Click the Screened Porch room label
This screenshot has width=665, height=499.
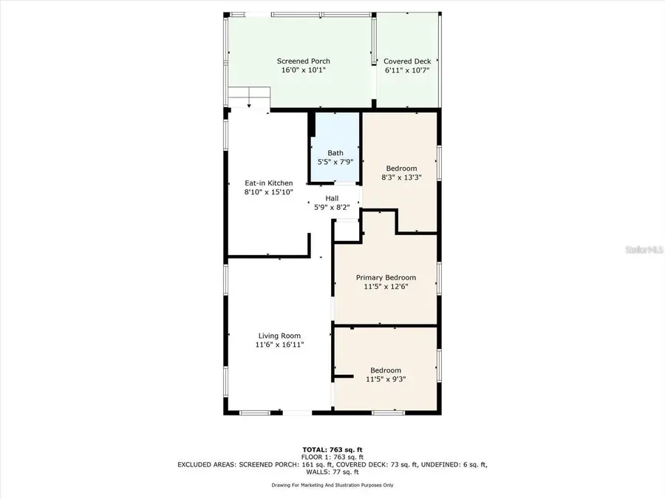tap(303, 61)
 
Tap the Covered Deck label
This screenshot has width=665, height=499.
tap(406, 61)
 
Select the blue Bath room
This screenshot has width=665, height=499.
tap(335, 148)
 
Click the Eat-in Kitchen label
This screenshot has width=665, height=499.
tap(268, 183)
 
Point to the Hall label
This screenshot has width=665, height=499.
tap(332, 198)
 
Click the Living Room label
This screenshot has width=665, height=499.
tap(279, 336)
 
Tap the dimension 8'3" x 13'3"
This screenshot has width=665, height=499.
tap(401, 177)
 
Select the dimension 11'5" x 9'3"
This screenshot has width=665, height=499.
tap(386, 379)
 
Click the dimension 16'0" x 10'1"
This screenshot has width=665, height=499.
tap(303, 70)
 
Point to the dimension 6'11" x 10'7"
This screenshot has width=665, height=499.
tap(406, 70)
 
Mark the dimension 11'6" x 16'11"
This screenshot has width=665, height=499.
tap(279, 344)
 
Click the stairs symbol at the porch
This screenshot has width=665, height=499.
tap(250, 97)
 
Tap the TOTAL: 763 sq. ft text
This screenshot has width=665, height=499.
tap(332, 449)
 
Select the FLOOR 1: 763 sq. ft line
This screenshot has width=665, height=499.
tap(332, 457)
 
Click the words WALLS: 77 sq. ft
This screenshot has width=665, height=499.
tap(332, 472)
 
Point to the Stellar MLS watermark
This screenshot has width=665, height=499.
tap(645, 250)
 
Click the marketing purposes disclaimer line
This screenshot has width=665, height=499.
tap(332, 485)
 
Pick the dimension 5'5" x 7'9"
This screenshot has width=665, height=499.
tap(335, 162)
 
